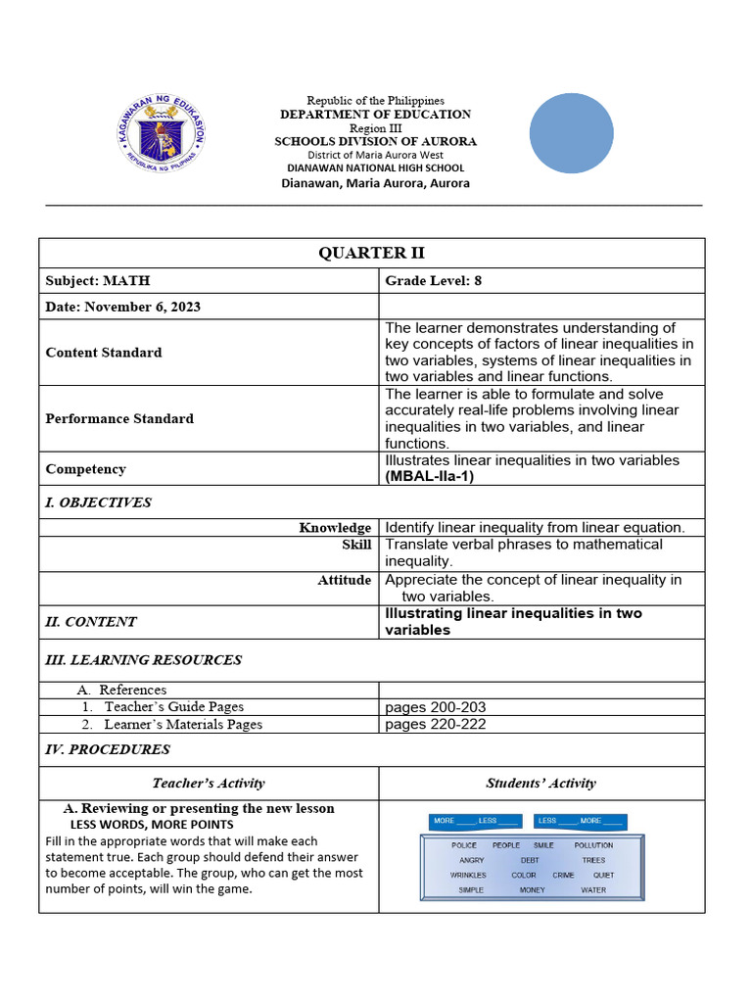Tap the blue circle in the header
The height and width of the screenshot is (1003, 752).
572,134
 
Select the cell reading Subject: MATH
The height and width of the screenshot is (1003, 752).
98,281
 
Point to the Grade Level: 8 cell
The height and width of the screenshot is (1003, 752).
434,281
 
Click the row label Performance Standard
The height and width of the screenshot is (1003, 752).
119,418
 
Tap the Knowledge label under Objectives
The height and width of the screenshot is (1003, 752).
335,528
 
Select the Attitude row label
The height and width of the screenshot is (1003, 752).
344,580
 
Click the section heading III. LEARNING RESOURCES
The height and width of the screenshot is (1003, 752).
144,660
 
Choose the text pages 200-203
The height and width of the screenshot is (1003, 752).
436,707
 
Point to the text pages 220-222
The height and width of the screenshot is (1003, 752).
436,725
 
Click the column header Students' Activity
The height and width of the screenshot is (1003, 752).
540,783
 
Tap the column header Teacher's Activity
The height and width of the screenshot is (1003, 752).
209,783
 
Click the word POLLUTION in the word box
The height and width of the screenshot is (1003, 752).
593,845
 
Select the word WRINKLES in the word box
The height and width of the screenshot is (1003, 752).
468,876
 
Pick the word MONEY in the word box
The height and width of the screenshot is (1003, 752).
532,890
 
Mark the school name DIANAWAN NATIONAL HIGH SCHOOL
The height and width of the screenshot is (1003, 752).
375,168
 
